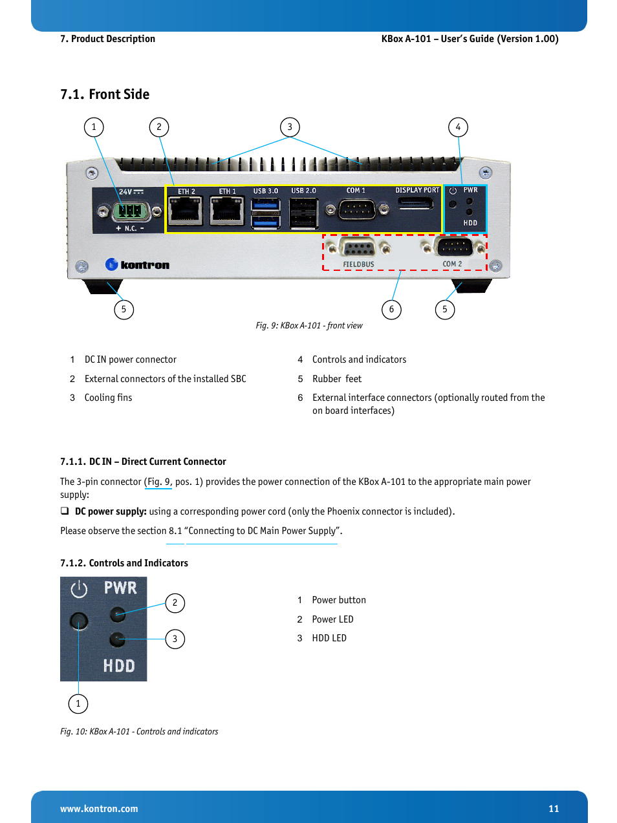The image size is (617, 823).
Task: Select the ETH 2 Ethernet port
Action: (x=185, y=212)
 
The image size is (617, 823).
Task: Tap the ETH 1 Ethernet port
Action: (x=226, y=212)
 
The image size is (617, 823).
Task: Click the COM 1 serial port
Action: (x=357, y=210)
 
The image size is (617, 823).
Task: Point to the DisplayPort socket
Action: (x=416, y=204)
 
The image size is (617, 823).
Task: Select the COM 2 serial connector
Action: (x=453, y=247)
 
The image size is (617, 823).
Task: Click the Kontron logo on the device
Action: (x=137, y=264)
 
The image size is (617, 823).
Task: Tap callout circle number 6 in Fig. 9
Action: (x=391, y=309)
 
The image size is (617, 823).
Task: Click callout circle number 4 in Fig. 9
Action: (x=458, y=127)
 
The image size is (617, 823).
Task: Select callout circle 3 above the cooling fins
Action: (x=290, y=127)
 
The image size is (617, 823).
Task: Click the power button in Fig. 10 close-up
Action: (x=79, y=621)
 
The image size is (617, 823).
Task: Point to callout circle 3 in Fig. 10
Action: (x=175, y=639)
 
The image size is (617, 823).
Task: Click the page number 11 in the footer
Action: (x=553, y=808)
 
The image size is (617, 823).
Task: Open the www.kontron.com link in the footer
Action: (x=99, y=809)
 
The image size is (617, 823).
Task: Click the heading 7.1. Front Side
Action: (x=105, y=94)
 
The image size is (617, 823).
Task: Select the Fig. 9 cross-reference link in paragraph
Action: (x=158, y=482)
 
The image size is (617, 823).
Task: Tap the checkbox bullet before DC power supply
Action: (x=65, y=511)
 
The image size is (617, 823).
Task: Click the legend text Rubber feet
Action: (x=337, y=379)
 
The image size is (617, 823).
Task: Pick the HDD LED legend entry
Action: (x=329, y=638)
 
